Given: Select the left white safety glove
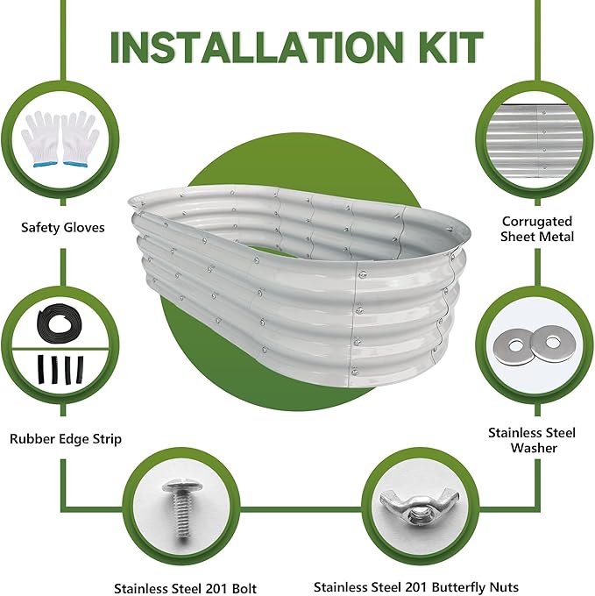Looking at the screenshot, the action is coord(40,138).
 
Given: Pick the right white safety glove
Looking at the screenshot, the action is coord(80,138).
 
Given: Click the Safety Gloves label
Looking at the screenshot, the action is coord(63,227).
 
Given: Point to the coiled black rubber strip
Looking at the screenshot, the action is coord(59,323).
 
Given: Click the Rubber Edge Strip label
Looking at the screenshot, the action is coord(66,438).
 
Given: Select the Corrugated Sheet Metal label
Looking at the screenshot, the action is coord(537,229).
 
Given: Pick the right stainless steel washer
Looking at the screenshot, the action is coord(552,344).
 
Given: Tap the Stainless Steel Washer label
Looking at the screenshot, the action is coord(532,440).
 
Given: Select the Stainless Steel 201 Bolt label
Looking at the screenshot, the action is coord(186,588).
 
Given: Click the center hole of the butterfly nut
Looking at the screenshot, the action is coord(418,515).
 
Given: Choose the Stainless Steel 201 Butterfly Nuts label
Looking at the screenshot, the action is coord(416,587).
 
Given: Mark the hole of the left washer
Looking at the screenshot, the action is coord(515,346).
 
